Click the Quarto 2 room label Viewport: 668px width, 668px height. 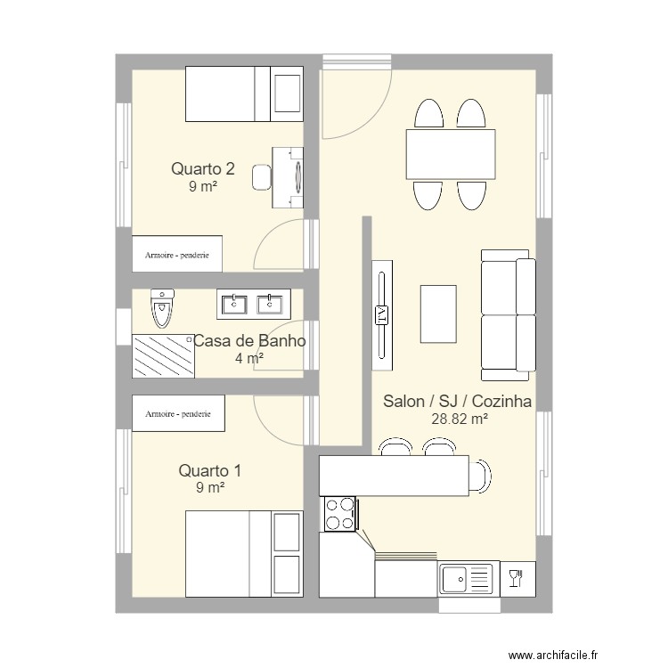tap(203, 167)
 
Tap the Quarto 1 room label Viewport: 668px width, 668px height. tap(209, 470)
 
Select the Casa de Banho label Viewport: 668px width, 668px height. tap(249, 340)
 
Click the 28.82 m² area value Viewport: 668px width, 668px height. tap(459, 420)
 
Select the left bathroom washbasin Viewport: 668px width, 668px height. tap(234, 305)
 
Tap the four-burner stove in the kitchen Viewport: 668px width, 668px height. tap(339, 514)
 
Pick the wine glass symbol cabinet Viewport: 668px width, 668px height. tap(515, 580)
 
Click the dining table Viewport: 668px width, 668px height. tap(451, 154)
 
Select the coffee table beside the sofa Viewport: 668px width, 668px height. tap(438, 314)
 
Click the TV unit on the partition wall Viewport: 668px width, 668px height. tap(381, 314)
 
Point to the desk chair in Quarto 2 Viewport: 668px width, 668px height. tap(262, 177)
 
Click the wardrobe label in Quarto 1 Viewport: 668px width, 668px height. tap(177, 414)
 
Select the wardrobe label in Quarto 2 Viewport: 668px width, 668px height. tap(177, 254)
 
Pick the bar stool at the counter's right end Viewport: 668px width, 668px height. tap(481, 475)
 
